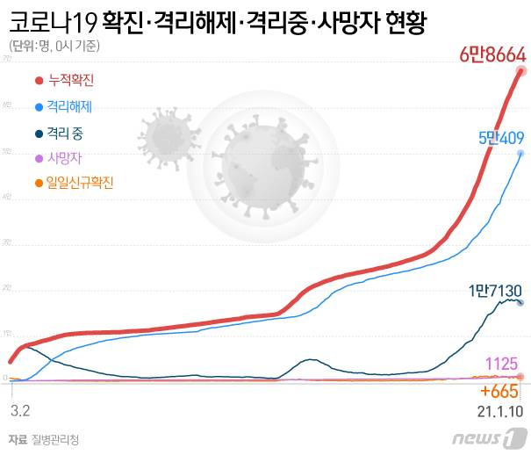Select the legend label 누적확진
(71, 81)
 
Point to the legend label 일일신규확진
(83, 184)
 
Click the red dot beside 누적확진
(38, 81)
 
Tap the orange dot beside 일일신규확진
(38, 184)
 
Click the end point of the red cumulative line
(520, 71)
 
